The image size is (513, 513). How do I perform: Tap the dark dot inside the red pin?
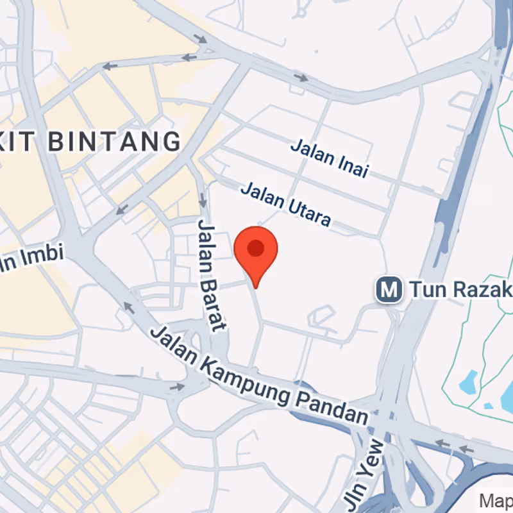point(256,248)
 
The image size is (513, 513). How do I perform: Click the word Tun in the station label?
point(423,290)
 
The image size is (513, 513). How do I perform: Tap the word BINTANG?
point(115,141)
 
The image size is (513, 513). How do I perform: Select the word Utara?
point(308,210)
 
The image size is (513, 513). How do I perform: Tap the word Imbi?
point(42,256)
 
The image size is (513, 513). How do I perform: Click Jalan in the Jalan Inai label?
point(312,150)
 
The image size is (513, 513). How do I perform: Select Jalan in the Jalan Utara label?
point(262,194)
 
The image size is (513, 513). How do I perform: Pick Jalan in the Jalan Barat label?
point(205,244)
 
